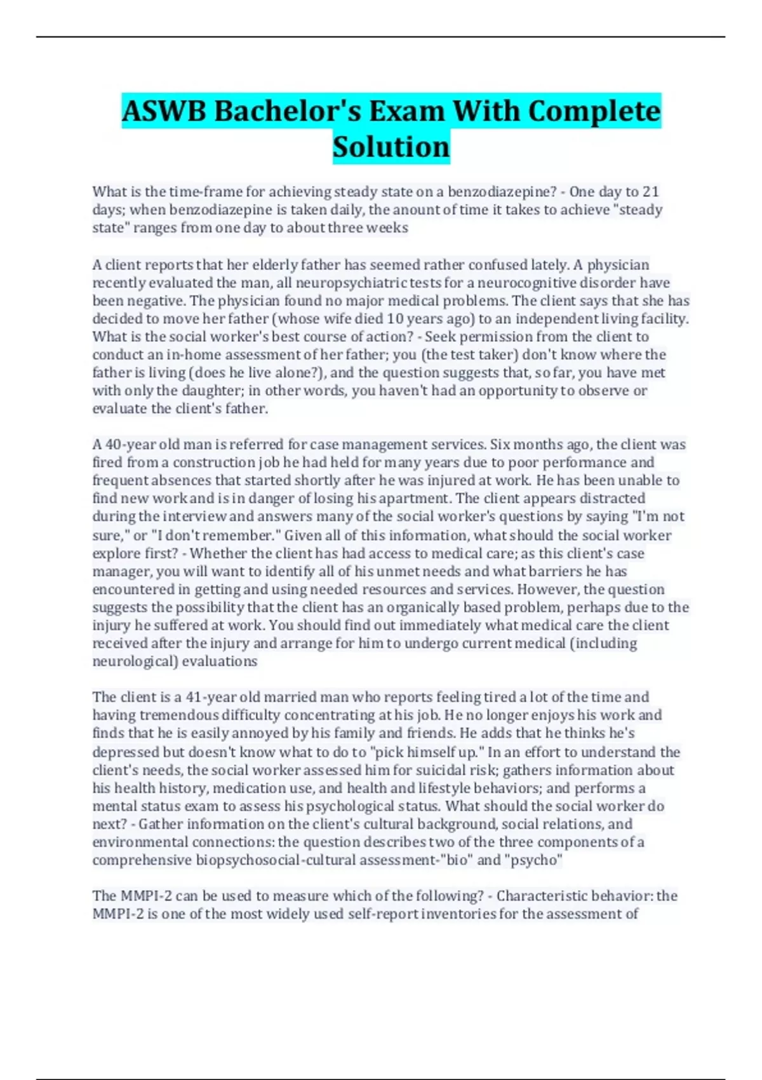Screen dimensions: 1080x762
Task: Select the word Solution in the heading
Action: click(x=391, y=147)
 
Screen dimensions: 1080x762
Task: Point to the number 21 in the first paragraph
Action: click(x=651, y=192)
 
